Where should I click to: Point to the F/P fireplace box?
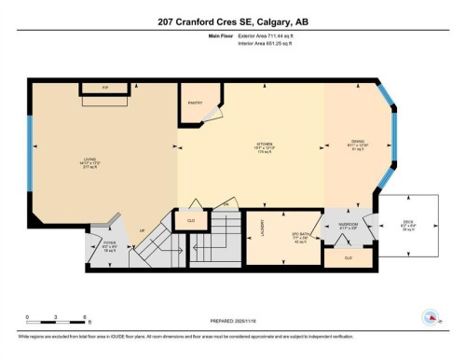(92, 88)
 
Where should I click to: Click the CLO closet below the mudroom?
(348, 257)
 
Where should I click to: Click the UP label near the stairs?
(142, 230)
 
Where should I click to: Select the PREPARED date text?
(230, 323)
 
